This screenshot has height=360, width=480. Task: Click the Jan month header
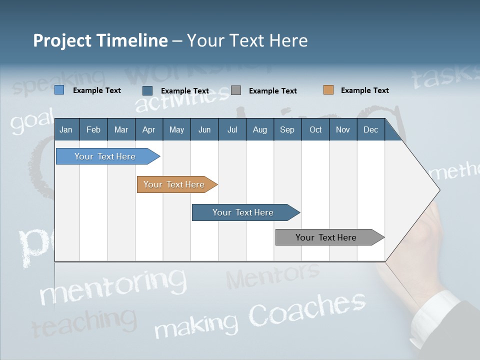[x=66, y=129]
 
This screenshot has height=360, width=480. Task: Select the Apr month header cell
[x=148, y=129]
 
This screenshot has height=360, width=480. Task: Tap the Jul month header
[x=232, y=129]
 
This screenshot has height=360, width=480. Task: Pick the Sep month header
[x=287, y=129]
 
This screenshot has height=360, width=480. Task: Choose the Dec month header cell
[x=370, y=129]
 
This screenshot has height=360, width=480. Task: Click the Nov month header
[x=342, y=129]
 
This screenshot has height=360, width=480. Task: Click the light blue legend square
[x=59, y=90]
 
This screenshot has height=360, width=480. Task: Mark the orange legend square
[x=328, y=90]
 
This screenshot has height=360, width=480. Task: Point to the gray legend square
[x=236, y=90]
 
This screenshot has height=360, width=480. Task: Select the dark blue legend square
[x=147, y=90]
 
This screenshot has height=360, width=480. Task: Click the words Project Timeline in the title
[x=100, y=40]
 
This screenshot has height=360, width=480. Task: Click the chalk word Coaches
[x=307, y=307]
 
